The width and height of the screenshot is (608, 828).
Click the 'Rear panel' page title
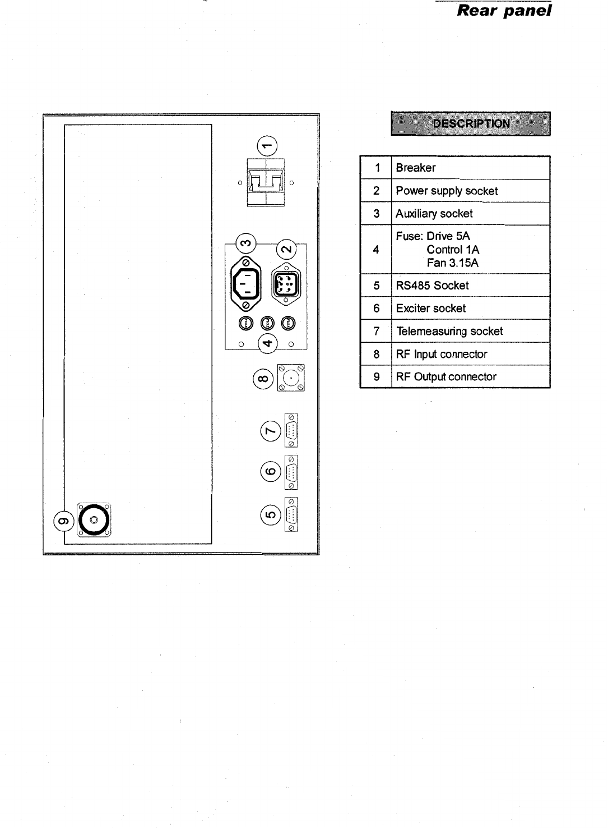(504, 11)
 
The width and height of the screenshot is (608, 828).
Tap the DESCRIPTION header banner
(471, 123)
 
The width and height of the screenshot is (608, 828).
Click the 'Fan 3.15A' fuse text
(453, 263)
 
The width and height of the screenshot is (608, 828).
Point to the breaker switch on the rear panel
(266, 182)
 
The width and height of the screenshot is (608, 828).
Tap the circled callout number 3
(246, 243)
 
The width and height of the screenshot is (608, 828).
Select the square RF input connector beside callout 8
(290, 378)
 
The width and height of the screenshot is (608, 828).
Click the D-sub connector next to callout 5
(291, 514)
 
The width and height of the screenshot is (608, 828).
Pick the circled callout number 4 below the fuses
(267, 343)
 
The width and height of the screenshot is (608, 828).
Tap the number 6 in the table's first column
(376, 309)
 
